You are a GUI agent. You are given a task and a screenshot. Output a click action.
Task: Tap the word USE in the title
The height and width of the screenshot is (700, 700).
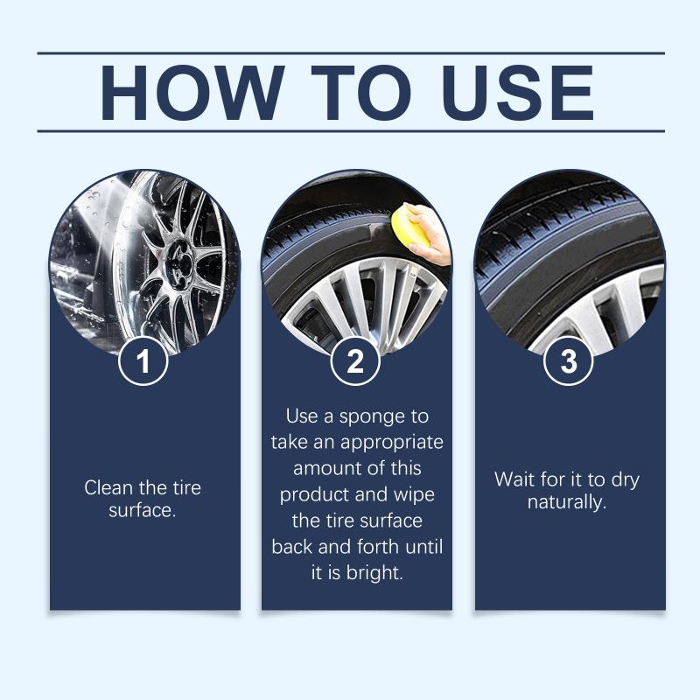point(518,93)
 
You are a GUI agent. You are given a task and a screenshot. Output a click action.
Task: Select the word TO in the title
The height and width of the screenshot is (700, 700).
point(361,93)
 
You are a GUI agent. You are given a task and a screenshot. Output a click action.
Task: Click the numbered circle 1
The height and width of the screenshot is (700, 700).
point(143,360)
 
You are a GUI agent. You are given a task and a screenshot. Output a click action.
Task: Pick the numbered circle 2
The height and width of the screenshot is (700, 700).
point(355,360)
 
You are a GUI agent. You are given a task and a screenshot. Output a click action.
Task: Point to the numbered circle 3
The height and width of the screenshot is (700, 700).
point(568,360)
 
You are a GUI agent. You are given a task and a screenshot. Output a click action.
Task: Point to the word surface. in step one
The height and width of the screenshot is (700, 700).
point(143,511)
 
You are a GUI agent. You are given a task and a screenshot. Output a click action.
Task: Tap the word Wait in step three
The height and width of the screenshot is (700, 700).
point(514,479)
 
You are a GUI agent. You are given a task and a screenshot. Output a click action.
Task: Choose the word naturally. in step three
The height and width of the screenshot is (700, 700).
point(566,503)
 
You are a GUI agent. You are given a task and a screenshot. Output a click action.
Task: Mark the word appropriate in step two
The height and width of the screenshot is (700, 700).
point(391,444)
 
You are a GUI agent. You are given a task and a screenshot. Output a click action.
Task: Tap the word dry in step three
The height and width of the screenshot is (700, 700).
point(625,480)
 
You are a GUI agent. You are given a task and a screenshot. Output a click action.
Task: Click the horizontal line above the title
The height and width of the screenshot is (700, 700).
point(351,53)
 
